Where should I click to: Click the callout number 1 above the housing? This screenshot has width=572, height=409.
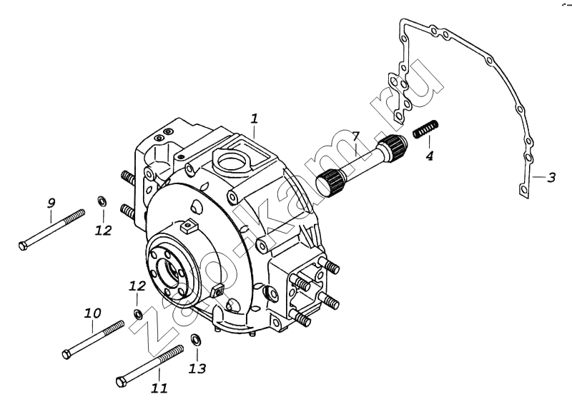255,118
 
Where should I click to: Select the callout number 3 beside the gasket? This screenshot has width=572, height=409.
551,178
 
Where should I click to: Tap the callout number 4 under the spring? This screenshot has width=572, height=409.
430,156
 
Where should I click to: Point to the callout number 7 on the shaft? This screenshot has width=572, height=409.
356,137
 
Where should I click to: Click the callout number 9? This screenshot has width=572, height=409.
51,203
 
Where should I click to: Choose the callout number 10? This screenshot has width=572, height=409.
92,313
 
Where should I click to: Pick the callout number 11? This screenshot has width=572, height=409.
159,388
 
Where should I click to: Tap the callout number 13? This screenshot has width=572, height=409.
197,368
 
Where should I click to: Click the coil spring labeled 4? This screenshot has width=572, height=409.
425,128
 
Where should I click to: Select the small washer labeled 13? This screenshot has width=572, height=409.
196,339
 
